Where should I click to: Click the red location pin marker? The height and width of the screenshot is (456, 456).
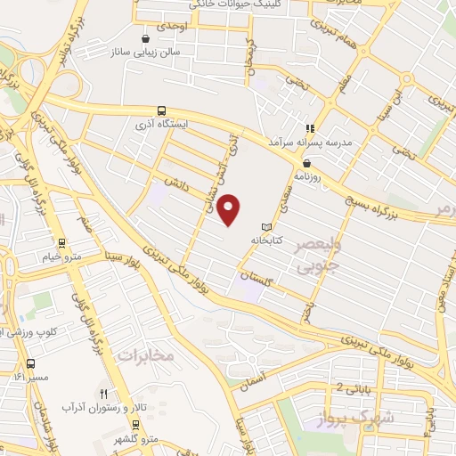tap(230, 210)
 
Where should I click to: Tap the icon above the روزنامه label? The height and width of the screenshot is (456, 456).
tap(307, 163)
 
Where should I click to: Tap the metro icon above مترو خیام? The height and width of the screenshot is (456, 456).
tap(61, 241)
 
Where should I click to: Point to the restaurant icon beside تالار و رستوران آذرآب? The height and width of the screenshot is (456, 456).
tap(104, 393)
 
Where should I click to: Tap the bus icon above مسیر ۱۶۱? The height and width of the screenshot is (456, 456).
tap(32, 363)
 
